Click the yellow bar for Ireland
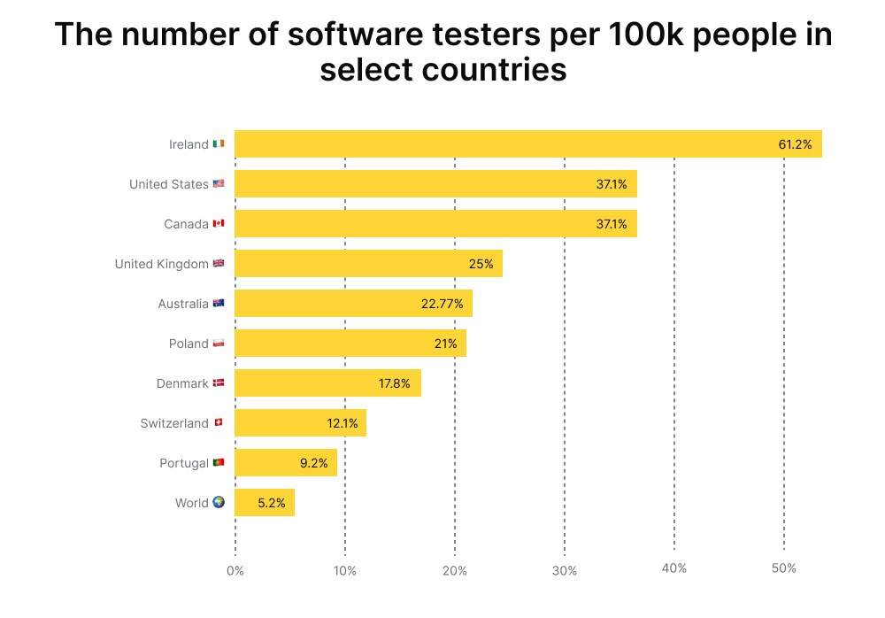click(x=527, y=144)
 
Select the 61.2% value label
click(x=796, y=144)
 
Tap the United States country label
click(x=169, y=184)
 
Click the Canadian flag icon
click(x=219, y=224)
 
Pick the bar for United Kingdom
click(x=368, y=264)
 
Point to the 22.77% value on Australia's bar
click(x=442, y=304)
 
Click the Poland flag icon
click(x=219, y=344)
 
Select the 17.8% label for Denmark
click(x=395, y=383)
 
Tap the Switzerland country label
click(x=174, y=423)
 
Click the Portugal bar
click(x=285, y=463)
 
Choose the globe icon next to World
click(x=219, y=502)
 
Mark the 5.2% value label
click(x=272, y=503)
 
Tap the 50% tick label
click(x=783, y=568)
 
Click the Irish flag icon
click(x=219, y=144)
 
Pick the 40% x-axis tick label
click(x=673, y=568)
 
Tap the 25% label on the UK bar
click(x=481, y=264)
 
